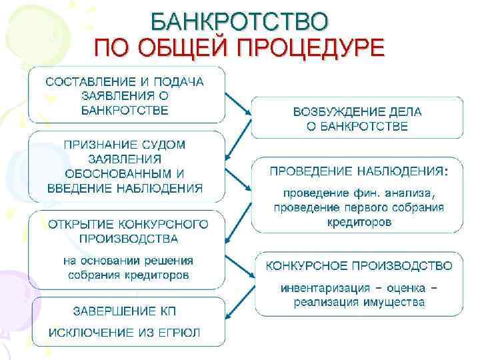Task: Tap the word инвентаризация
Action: tap(324, 288)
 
